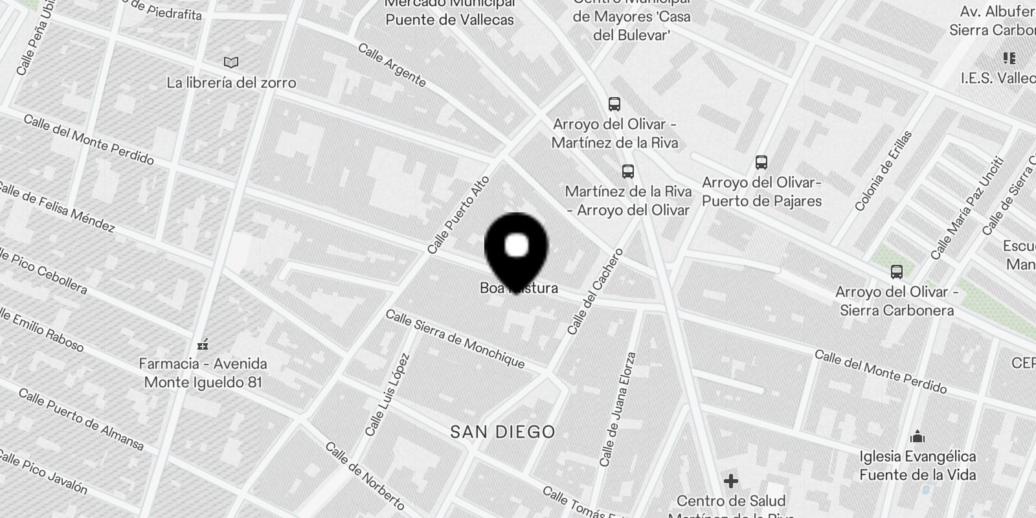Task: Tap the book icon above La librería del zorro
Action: (231, 62)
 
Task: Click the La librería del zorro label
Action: (231, 83)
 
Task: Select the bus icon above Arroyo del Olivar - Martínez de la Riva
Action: (614, 104)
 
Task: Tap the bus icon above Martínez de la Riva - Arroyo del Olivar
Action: (627, 172)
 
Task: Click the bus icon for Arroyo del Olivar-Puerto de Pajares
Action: (761, 163)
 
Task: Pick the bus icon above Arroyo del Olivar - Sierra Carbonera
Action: (897, 272)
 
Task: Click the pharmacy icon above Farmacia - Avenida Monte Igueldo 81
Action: (203, 343)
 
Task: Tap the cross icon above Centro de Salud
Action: (731, 481)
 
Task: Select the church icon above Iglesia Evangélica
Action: (917, 436)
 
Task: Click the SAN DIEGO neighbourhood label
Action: (503, 432)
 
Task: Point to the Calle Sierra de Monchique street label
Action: (455, 339)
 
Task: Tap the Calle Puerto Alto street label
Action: (458, 214)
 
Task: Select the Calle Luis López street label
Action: (387, 394)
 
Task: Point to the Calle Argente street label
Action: (392, 65)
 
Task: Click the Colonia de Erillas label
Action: (883, 172)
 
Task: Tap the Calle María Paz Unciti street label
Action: (967, 208)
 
